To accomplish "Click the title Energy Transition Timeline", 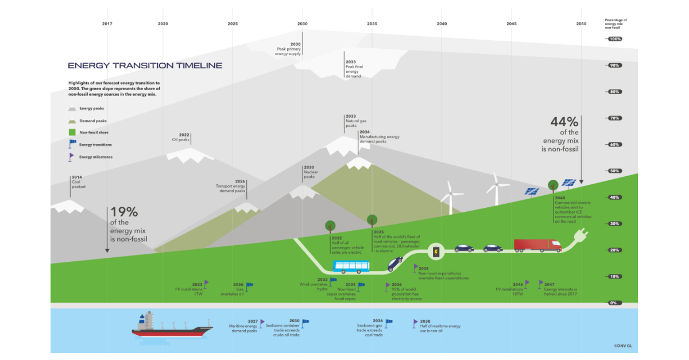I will (145, 65).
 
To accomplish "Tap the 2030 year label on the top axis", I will (303, 24).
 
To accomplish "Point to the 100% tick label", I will (614, 39).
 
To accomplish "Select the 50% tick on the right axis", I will (614, 171).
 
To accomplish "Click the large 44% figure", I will (564, 122).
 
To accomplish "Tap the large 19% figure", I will (123, 212).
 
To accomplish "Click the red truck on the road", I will (537, 246).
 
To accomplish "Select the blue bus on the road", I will (351, 266).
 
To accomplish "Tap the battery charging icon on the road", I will (436, 251).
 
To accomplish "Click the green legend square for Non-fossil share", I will (72, 133).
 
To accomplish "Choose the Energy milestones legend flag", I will (72, 156).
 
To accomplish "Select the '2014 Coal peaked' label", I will (78, 181).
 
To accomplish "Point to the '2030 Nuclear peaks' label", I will (310, 172).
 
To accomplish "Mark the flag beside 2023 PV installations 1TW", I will (207, 284).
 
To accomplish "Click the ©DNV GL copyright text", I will (622, 346).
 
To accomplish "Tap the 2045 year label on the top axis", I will (512, 24).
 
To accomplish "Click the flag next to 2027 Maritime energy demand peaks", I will (262, 323).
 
